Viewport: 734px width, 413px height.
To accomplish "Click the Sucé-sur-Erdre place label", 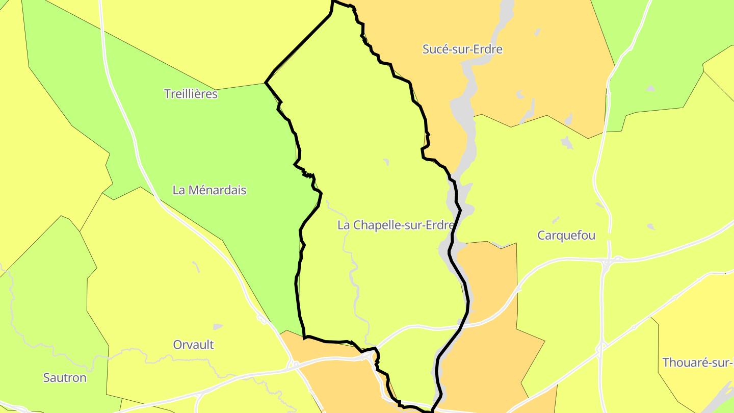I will (x=462, y=49).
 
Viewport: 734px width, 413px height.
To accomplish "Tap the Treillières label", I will (x=191, y=94).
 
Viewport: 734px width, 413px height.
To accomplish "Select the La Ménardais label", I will (x=209, y=190).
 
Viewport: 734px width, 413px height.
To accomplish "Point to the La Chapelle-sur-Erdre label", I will (x=395, y=225).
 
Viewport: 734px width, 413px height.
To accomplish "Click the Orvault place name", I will (x=193, y=345).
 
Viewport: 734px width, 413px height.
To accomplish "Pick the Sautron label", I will (x=65, y=378).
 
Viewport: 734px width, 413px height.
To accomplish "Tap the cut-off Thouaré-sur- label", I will (x=697, y=363).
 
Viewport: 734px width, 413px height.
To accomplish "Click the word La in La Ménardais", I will (x=178, y=190).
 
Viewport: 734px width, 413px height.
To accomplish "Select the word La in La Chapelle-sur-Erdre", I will (x=343, y=225).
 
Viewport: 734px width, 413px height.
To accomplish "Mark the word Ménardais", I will (x=217, y=190).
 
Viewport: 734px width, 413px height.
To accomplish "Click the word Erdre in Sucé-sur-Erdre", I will (x=488, y=49).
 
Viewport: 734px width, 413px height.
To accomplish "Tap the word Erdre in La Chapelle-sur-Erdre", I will (x=439, y=225).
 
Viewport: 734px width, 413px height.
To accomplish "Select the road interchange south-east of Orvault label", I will (x=294, y=365).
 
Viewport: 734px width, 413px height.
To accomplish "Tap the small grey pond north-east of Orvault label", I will (x=218, y=326).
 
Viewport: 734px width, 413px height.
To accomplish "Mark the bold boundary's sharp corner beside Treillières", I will (x=266, y=83).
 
